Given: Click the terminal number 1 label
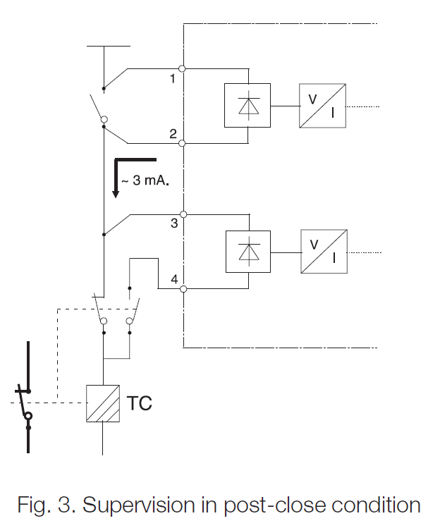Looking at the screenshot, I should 172,79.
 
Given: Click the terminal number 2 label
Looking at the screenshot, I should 172,134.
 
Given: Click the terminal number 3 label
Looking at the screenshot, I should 173,224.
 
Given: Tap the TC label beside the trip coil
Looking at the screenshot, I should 139,404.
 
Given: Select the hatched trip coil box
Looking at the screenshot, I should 104,404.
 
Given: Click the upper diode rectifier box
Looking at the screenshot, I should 248,106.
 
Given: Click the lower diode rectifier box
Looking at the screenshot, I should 248,252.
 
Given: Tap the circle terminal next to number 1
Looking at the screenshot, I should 183,68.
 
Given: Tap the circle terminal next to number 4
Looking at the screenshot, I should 183,288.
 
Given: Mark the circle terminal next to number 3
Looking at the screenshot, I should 183,214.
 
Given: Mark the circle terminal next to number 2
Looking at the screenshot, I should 183,143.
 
